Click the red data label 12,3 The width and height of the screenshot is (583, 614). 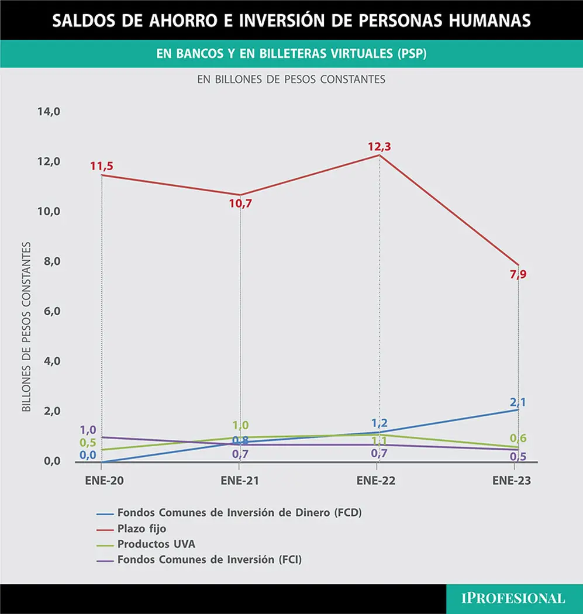pos(379,146)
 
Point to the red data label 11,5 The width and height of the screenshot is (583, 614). pos(101,166)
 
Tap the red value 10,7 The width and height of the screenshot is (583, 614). pos(240,203)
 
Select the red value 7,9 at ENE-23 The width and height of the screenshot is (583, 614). pos(518,274)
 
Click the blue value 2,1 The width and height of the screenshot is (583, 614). pos(518,402)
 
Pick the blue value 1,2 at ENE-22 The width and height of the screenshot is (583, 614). pos(379,423)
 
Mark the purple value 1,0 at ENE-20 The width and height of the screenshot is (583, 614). pos(88,430)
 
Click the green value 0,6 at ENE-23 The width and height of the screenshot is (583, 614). pos(518,438)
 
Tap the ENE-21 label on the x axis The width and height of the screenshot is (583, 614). pos(240,481)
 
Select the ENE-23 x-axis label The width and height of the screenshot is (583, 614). pos(511,481)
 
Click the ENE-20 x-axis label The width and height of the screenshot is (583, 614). pos(104,481)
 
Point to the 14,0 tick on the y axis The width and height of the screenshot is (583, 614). pos(49,112)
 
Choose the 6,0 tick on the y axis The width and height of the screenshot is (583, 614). pos(52,311)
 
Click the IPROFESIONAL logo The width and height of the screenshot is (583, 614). pos(513,598)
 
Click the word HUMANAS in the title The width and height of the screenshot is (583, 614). pos(490,20)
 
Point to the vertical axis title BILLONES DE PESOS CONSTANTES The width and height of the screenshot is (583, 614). pos(26,327)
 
